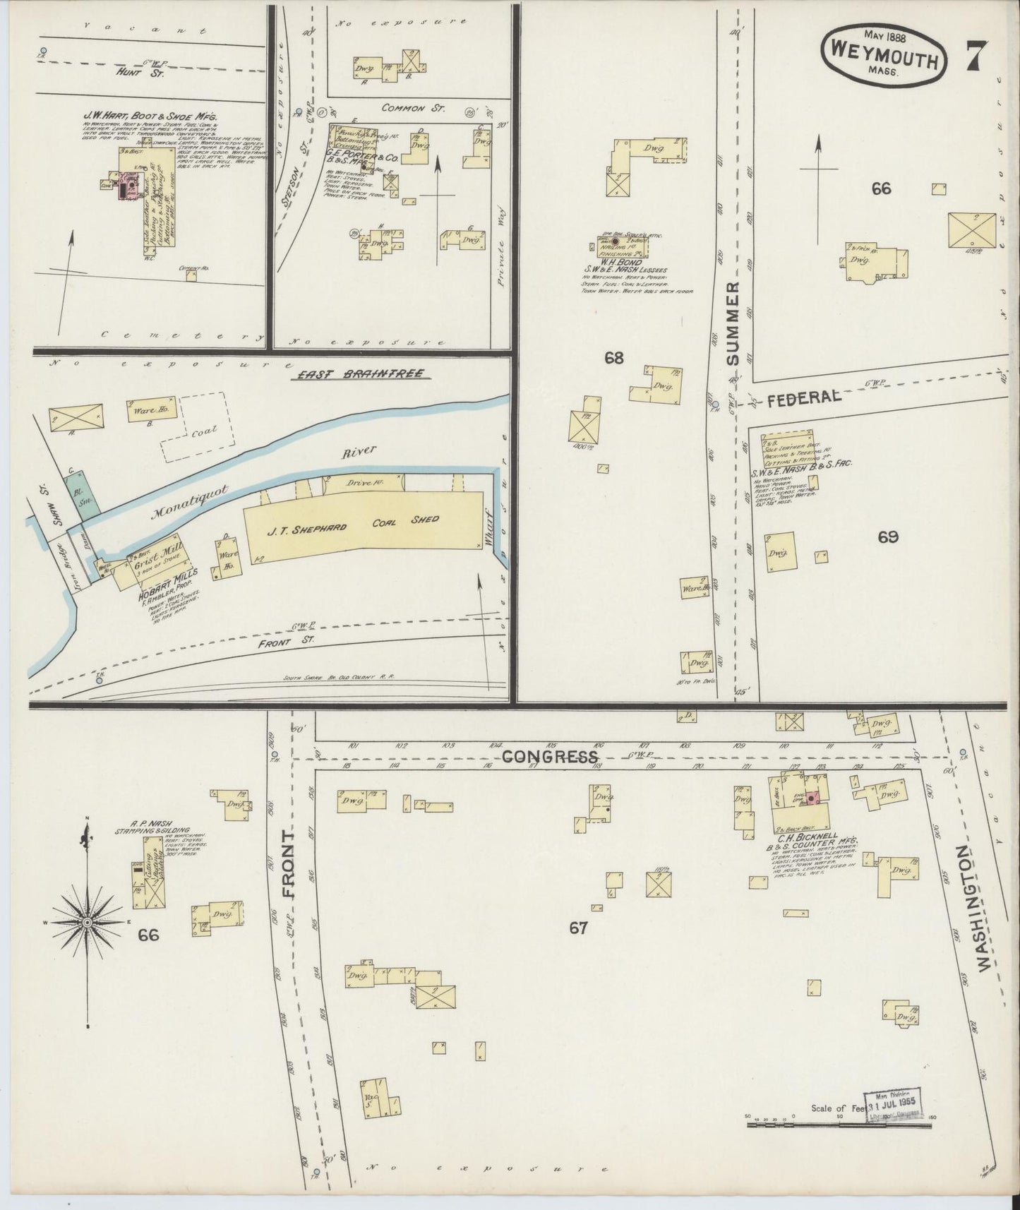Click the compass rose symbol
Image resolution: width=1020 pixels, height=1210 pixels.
point(87,922)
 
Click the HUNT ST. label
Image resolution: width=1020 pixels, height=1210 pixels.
point(140,72)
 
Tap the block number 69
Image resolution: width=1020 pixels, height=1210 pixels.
point(887,537)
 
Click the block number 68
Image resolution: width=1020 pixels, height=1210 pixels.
point(613,357)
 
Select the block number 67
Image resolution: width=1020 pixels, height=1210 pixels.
point(579,928)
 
